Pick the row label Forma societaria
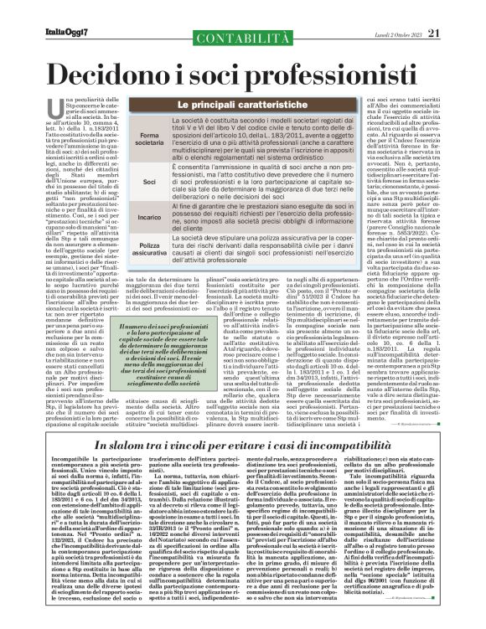coord(127,138)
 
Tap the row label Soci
coord(127,181)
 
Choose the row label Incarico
coord(127,215)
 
